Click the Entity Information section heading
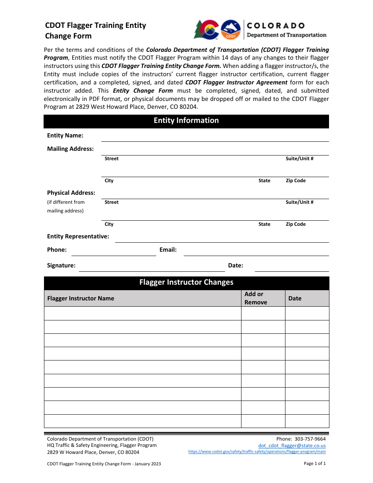coord(186,121)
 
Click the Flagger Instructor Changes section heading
coord(186,282)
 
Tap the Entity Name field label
coord(65,135)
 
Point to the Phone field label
coord(57,250)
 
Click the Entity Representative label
coord(78,236)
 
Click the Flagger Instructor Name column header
coord(81,298)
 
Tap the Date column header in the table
coord(295,298)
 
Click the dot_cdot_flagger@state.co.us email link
coord(292,446)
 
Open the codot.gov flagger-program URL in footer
coord(257,452)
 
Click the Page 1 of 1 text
coord(314,463)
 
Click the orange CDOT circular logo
coord(230,30)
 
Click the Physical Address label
coord(71,193)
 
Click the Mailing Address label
coord(70,149)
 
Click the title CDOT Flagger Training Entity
coord(95,26)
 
